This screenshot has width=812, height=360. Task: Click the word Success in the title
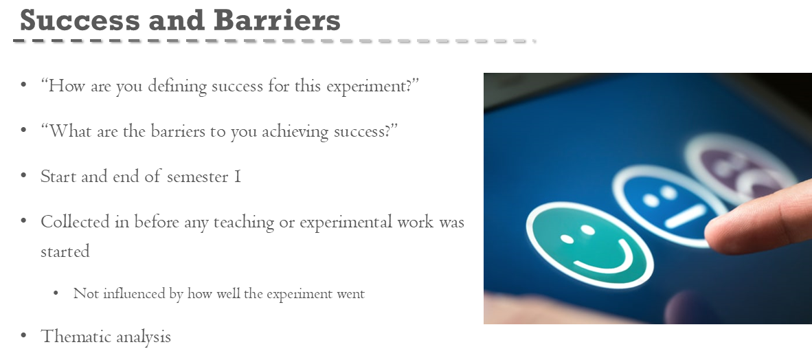pyautogui.click(x=80, y=20)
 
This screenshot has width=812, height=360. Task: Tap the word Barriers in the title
pyautogui.click(x=277, y=20)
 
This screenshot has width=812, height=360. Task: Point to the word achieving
pyautogui.click(x=295, y=132)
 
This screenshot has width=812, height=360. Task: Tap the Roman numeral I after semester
pyautogui.click(x=237, y=177)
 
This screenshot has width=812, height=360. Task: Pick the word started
pyautogui.click(x=65, y=251)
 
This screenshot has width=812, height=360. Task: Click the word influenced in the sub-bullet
pyautogui.click(x=135, y=293)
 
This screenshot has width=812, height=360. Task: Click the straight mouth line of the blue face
pyautogui.click(x=685, y=216)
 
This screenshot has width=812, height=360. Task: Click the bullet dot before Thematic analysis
pyautogui.click(x=23, y=336)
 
